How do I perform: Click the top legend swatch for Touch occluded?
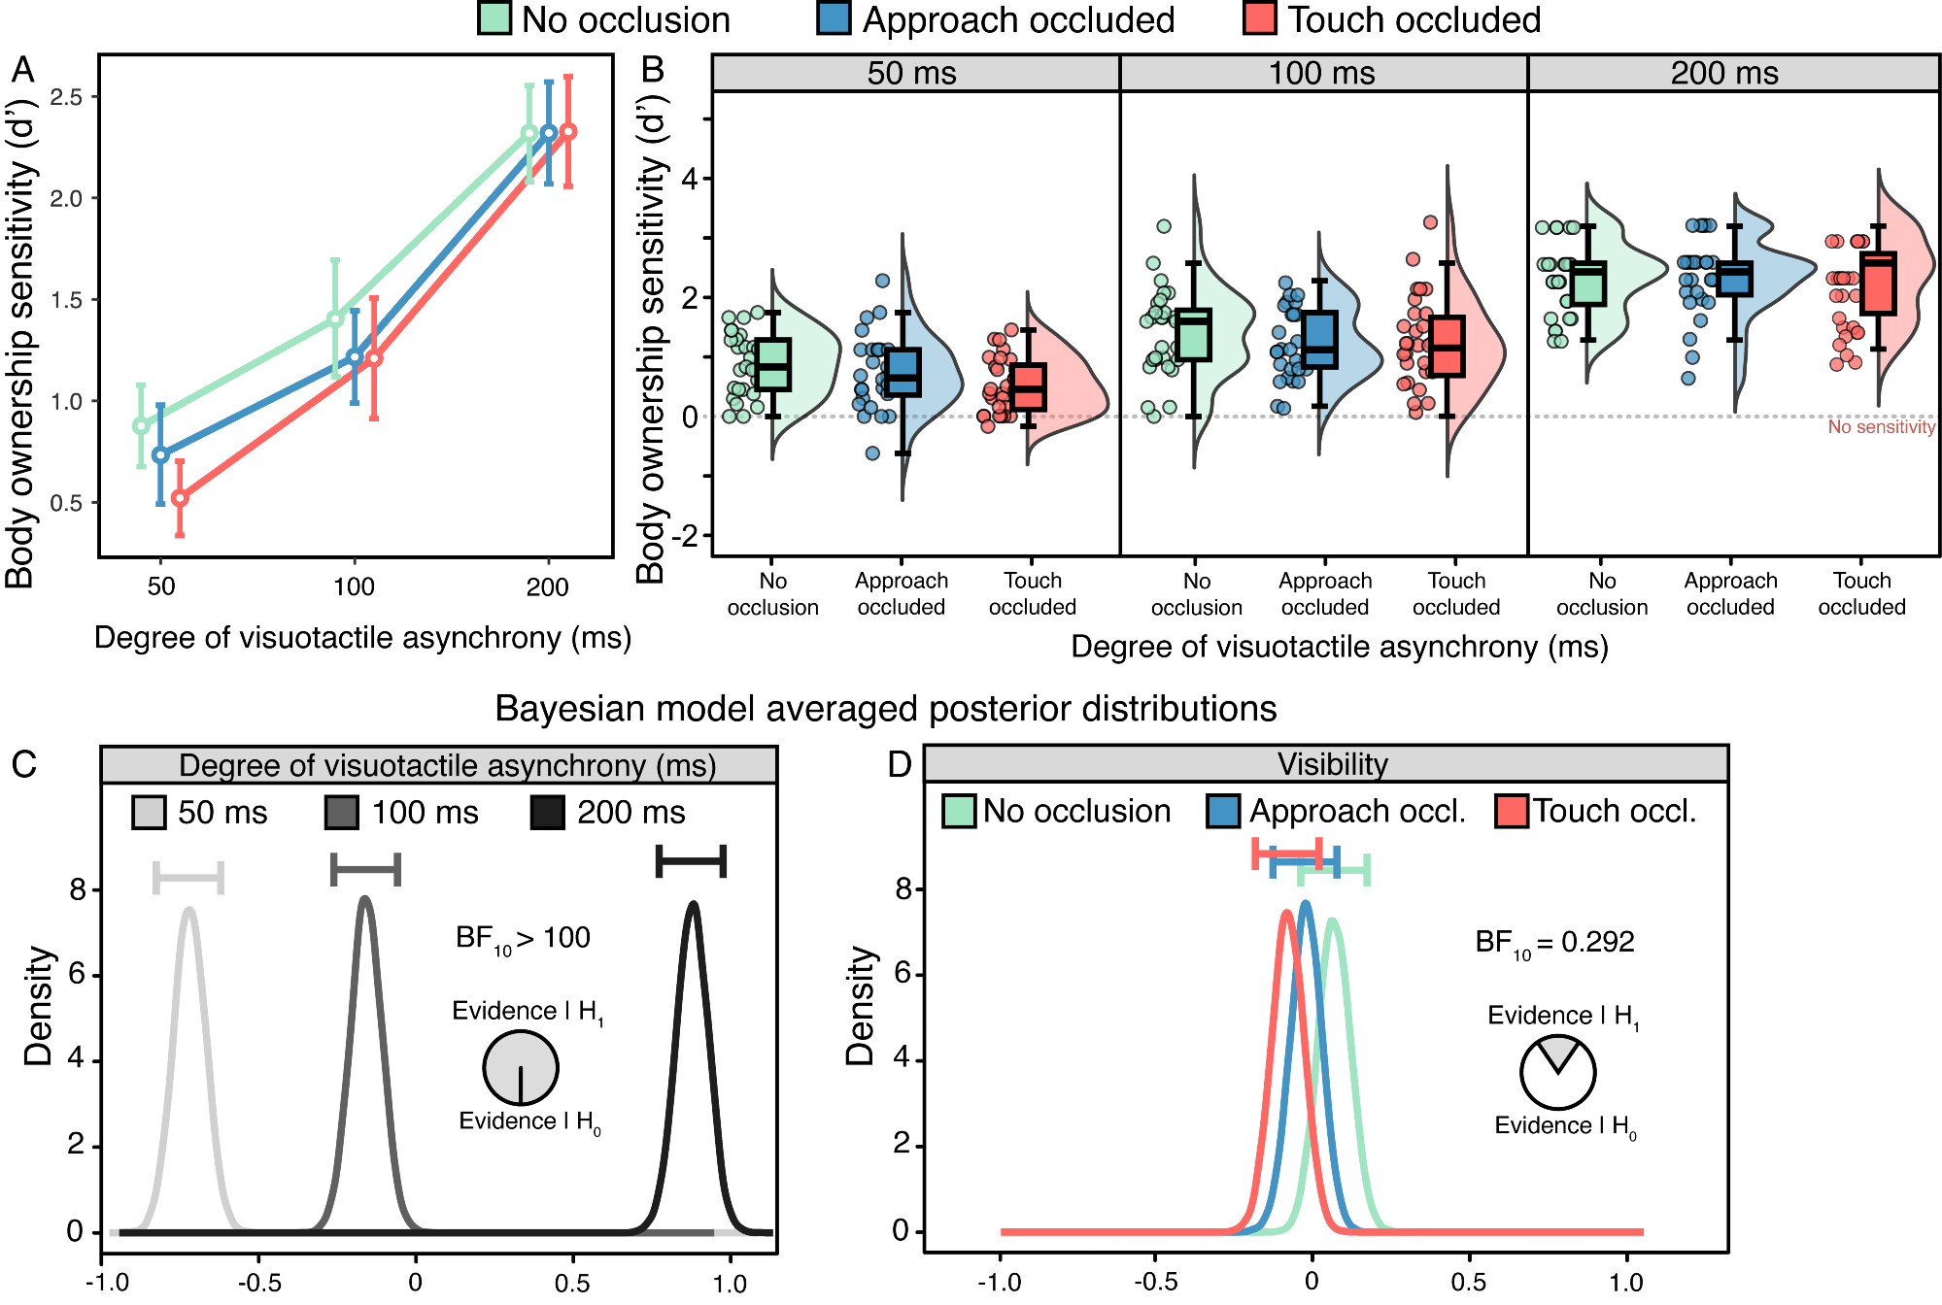click(x=1259, y=18)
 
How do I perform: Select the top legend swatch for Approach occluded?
click(x=834, y=18)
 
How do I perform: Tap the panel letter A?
click(x=22, y=71)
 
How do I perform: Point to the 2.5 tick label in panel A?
click(x=67, y=97)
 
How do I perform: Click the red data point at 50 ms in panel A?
click(x=180, y=498)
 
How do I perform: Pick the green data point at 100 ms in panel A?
click(x=335, y=318)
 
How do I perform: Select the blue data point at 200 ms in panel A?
click(x=549, y=133)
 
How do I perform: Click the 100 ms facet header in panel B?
click(x=1322, y=73)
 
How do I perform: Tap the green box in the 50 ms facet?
click(x=772, y=364)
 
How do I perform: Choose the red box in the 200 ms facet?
click(x=1878, y=284)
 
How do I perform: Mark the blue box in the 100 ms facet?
click(x=1319, y=339)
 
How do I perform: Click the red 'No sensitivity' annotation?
click(x=1881, y=427)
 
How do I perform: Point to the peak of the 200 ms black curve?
click(x=693, y=904)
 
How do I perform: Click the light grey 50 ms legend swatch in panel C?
click(x=150, y=813)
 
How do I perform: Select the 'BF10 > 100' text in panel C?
click(x=523, y=938)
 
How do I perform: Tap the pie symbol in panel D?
click(x=1557, y=1072)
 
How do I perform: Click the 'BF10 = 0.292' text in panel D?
click(x=1554, y=942)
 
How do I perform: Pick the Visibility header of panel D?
click(x=1332, y=764)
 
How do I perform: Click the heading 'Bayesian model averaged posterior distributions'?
click(x=885, y=709)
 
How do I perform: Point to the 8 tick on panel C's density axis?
click(x=78, y=889)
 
